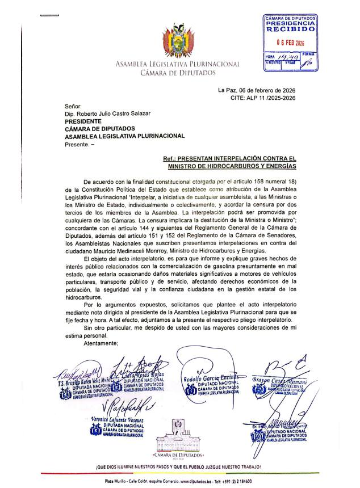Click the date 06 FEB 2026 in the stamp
tap(290, 42)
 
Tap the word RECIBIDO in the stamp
tap(290, 28)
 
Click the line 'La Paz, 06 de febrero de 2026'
tap(257, 90)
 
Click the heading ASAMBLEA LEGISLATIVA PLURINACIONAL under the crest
tap(177, 64)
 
